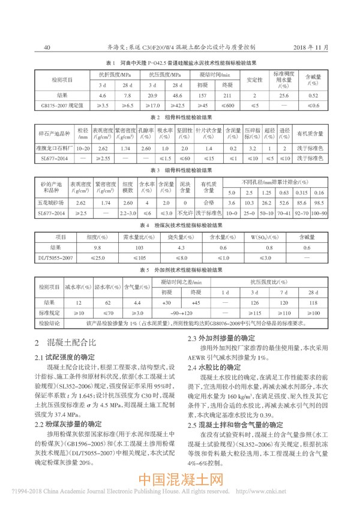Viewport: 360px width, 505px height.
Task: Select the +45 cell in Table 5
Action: (195, 302)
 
